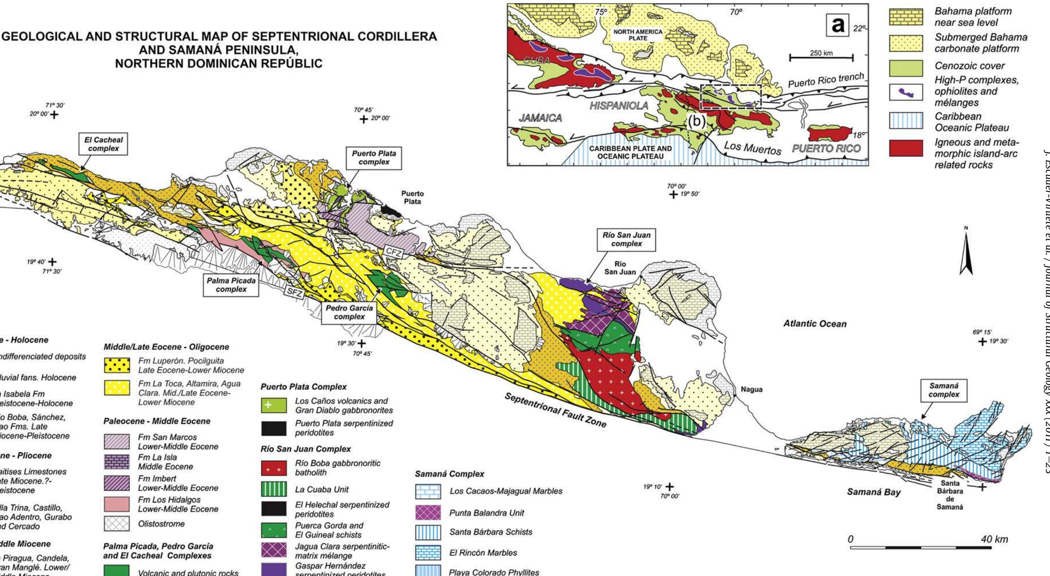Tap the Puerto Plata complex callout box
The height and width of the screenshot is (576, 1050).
coord(374,158)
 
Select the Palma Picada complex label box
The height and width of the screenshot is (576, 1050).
coord(231,285)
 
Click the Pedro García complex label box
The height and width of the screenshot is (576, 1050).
coord(349,312)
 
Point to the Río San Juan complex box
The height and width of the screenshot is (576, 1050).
coord(626,239)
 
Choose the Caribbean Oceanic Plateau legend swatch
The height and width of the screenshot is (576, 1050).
coord(905,122)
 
